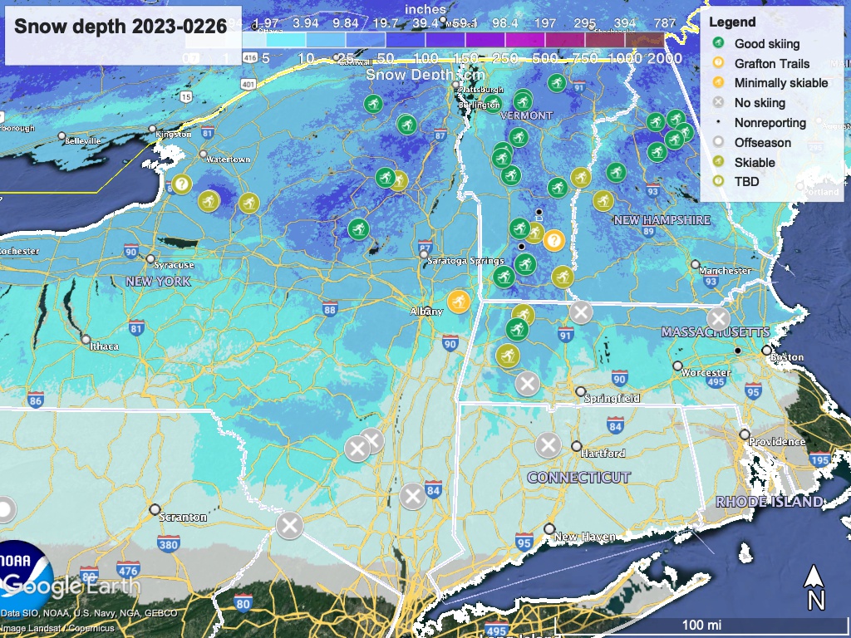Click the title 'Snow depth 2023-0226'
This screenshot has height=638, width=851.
[121, 27]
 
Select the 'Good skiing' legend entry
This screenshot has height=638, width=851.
[766, 44]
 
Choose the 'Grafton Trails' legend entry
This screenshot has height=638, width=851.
[771, 63]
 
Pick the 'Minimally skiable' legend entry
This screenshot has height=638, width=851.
[780, 83]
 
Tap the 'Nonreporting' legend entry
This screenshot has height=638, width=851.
[770, 123]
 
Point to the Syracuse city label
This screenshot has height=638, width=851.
[175, 265]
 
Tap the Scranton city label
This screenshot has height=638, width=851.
[184, 517]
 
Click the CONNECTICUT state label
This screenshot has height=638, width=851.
[578, 478]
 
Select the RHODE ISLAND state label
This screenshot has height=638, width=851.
[770, 502]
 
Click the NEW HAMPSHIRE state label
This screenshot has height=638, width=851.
[662, 220]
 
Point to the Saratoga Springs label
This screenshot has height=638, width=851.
[465, 261]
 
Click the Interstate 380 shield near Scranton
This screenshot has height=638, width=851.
[168, 545]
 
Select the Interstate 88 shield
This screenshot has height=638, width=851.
[330, 310]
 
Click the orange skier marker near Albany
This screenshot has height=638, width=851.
[459, 301]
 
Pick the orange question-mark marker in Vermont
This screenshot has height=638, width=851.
[554, 240]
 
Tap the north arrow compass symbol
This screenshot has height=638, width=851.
[815, 586]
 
